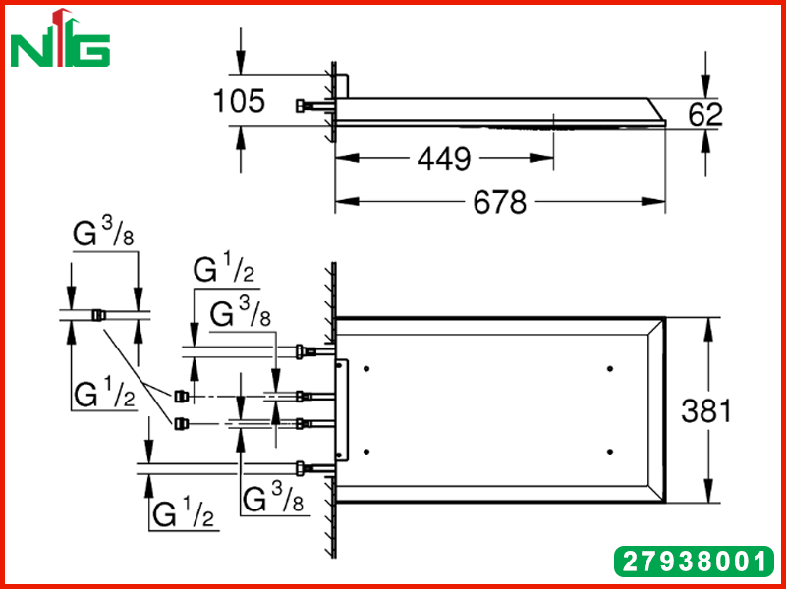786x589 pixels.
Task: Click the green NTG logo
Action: pos(60,39)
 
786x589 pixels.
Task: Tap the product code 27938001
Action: pos(695,562)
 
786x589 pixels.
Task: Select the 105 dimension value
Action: pos(239,101)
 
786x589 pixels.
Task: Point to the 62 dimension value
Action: pos(704,114)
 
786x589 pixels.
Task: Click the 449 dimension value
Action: pos(444,159)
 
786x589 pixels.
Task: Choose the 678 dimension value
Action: pos(500,202)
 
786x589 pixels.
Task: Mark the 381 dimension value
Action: pos(706,411)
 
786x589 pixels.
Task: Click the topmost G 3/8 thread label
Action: pos(104,233)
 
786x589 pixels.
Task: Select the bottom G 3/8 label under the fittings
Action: pos(272,498)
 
